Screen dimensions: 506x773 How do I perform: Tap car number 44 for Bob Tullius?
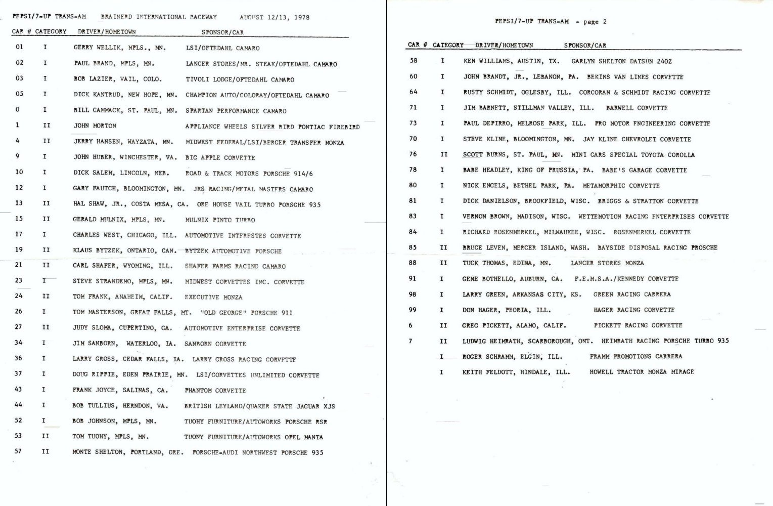tap(19, 405)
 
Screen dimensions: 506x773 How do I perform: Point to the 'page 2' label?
tap(595, 22)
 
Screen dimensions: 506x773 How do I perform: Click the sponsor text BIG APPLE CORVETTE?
tap(220, 157)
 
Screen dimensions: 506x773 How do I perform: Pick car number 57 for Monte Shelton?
tap(19, 451)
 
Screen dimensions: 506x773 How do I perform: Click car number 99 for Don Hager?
tap(413, 310)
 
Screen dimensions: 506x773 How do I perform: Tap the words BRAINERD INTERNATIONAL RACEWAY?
tap(159, 17)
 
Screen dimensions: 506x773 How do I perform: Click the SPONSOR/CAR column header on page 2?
tap(584, 46)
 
